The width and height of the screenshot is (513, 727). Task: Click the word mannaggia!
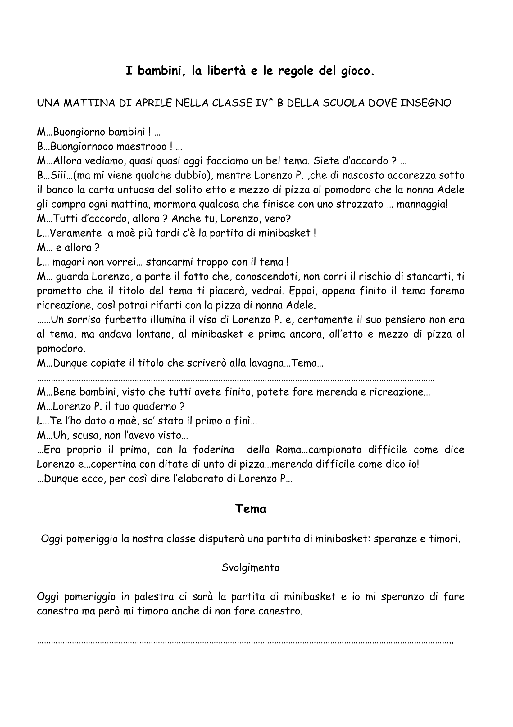[422, 205]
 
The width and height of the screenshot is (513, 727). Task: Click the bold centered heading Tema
[251, 508]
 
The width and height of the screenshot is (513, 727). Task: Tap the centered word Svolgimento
[251, 568]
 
